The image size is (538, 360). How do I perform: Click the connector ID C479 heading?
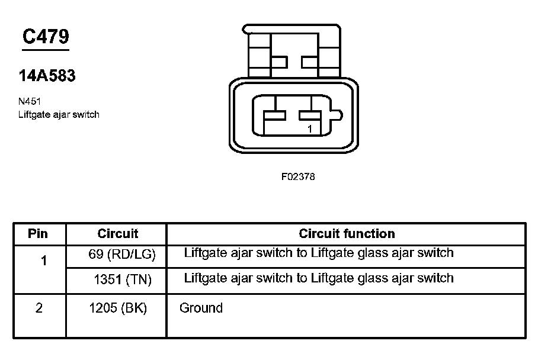[45, 37]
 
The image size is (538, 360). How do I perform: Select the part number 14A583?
[47, 76]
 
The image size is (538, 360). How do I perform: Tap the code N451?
[30, 101]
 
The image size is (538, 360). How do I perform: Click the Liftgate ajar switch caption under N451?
[59, 114]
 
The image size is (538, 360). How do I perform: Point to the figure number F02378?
[297, 176]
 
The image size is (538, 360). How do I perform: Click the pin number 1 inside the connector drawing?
[309, 128]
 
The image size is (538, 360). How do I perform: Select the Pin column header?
[38, 233]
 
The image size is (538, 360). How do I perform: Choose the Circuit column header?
[117, 233]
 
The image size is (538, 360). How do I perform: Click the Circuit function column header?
[347, 233]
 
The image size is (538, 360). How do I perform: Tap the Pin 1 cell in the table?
[44, 260]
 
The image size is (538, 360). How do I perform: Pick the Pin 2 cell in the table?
[39, 308]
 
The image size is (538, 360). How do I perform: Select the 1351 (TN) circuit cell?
[123, 279]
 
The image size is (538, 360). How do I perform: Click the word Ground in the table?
[201, 308]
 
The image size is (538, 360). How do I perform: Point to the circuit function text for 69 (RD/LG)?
[319, 253]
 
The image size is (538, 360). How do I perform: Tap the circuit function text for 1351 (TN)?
[319, 278]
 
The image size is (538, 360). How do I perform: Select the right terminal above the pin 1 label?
[309, 115]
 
